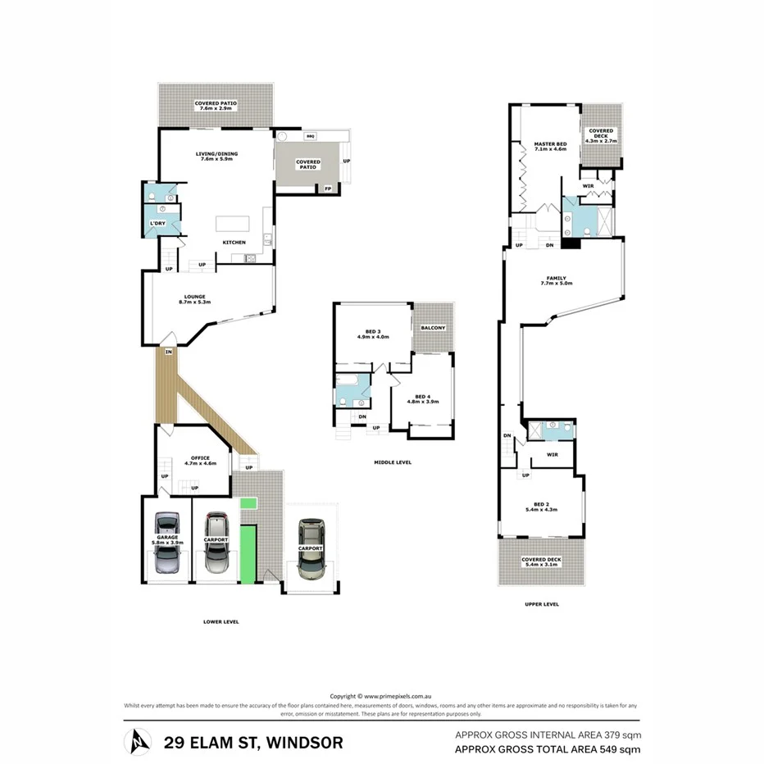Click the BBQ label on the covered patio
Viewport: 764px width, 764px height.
(311, 135)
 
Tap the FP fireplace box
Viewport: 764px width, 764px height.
(328, 189)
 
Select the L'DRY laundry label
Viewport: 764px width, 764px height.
(157, 223)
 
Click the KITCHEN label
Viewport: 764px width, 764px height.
(234, 242)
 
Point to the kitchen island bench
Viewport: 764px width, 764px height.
(232, 224)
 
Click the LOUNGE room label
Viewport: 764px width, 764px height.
(194, 296)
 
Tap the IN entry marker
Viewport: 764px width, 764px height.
(168, 352)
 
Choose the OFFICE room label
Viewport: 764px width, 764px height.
(200, 458)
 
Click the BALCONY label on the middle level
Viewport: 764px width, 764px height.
(433, 328)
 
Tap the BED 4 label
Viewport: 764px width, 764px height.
(423, 396)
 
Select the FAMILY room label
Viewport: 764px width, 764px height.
(556, 279)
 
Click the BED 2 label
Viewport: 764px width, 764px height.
(539, 504)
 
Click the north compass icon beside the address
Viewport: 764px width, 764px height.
(136, 742)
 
